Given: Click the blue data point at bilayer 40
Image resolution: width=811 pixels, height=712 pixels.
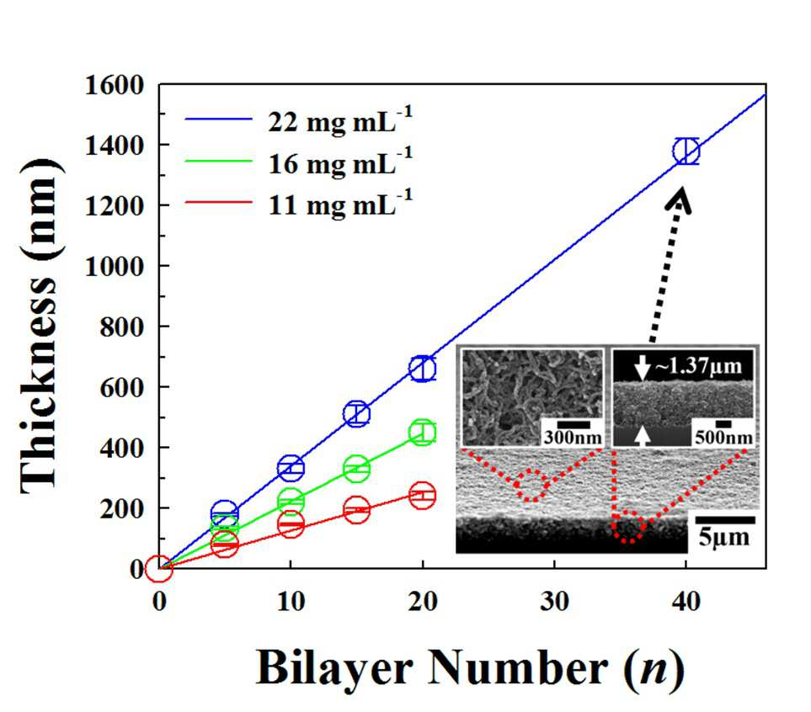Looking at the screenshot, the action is pos(673,151).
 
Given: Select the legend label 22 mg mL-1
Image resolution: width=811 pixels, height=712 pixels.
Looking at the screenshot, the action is pos(340,121).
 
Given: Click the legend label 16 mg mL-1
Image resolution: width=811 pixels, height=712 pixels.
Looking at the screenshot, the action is pos(340,163).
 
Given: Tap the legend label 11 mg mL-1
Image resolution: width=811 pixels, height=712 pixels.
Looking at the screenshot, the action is pos(340,205).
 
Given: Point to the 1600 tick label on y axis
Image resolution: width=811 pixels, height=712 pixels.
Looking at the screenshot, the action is pos(115,85).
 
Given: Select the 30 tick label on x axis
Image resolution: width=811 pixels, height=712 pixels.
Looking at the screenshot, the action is pos(554,601).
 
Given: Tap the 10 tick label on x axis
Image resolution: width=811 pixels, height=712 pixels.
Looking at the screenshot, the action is pos(291,601).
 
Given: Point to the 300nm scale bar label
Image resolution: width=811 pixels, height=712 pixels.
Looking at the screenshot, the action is pos(573,438).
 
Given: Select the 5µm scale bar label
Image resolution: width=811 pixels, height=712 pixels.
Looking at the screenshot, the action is pos(724,538).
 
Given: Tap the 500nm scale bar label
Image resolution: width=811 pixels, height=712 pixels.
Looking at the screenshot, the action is pos(723,438).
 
